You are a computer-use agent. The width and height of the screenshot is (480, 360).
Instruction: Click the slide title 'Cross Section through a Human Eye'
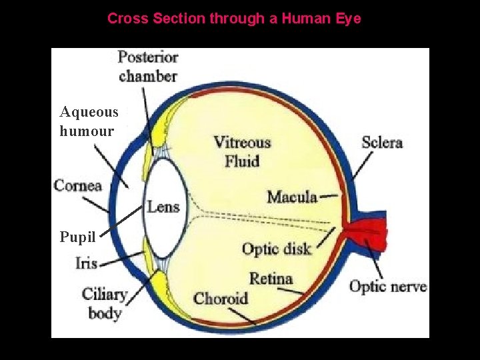click(x=234, y=19)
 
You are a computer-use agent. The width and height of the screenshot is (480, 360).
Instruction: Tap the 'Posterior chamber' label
click(x=147, y=67)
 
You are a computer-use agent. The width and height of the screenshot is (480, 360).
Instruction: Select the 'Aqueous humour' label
click(x=89, y=121)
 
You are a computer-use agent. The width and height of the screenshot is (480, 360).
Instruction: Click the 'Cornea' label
click(x=78, y=185)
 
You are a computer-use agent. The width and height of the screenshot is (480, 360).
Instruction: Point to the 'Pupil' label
click(x=77, y=237)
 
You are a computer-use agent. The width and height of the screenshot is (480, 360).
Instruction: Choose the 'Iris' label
click(x=87, y=263)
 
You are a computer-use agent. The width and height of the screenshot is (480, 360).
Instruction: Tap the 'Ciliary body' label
click(x=105, y=303)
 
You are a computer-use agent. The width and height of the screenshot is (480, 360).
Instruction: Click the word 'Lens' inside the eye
click(x=163, y=207)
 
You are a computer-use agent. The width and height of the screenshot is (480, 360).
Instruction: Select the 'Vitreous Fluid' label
click(x=242, y=151)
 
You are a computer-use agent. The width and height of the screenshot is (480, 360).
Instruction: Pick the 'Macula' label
click(x=292, y=197)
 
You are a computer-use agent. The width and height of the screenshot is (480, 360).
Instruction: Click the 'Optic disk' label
click(x=276, y=249)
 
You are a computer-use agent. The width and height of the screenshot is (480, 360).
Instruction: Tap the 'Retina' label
click(x=271, y=278)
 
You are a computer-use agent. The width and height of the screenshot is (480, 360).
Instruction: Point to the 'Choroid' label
click(x=221, y=298)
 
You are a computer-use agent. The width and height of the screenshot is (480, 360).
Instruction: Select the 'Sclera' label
click(x=382, y=142)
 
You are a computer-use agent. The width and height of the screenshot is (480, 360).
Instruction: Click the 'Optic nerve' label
click(x=388, y=287)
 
